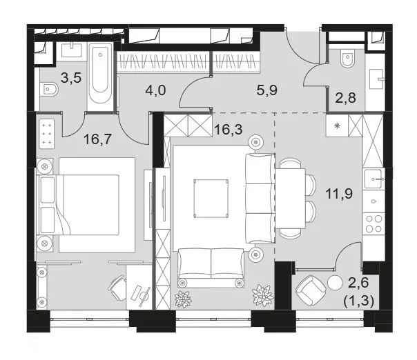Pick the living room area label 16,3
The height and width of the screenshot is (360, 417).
[227, 128]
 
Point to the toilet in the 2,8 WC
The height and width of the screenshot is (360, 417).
[348, 61]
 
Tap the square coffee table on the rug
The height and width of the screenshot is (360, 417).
[211, 197]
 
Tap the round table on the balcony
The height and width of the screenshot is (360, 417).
[336, 282]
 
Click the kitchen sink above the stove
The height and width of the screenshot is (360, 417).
[375, 179]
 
